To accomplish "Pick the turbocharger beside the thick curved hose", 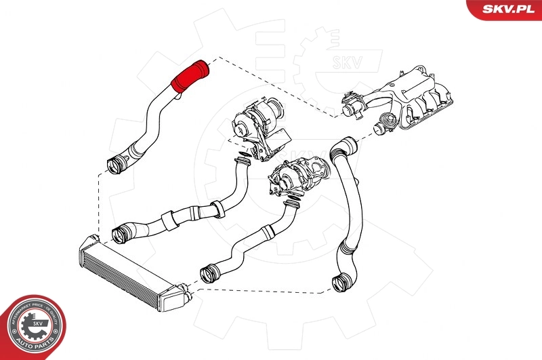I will click(x=298, y=176).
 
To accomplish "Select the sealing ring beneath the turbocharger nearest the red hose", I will click(x=238, y=161).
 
